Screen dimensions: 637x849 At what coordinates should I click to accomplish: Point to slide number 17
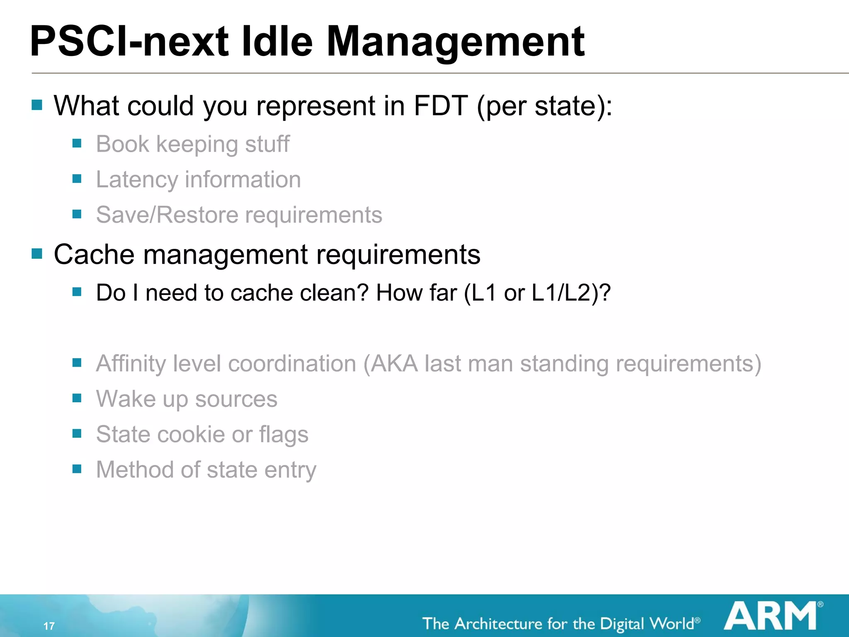click(x=49, y=626)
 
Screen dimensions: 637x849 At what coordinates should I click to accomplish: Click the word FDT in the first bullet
click(x=441, y=106)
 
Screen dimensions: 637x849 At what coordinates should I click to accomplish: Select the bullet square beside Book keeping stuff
click(x=77, y=143)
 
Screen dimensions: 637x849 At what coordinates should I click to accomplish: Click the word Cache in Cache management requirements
click(x=94, y=254)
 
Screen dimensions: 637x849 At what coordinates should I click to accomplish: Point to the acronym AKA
click(x=394, y=364)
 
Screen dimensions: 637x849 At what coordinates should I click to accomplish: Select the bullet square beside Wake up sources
click(x=77, y=398)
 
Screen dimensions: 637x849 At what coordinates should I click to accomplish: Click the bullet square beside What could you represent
click(x=37, y=105)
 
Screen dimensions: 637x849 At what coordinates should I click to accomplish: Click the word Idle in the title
click(x=277, y=41)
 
